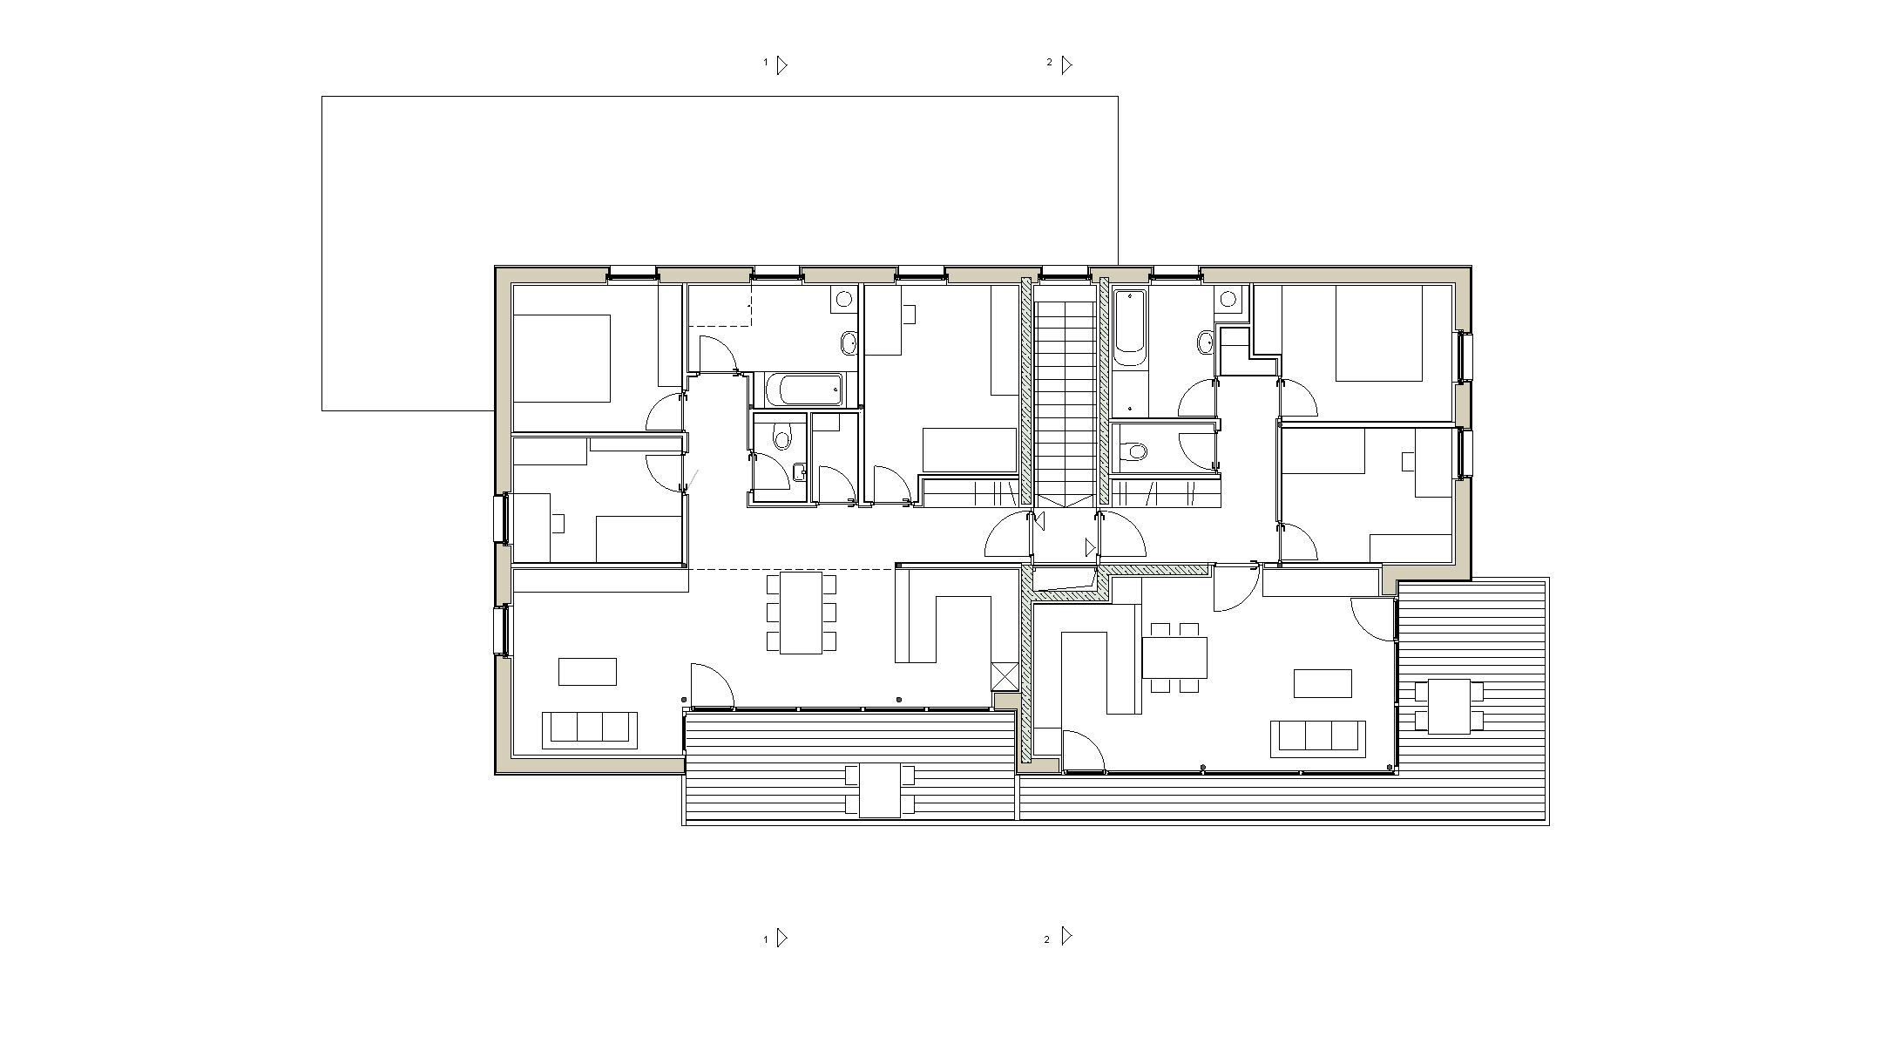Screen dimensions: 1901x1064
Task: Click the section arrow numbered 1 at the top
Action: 781,64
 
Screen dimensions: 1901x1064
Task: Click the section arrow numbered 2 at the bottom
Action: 1066,936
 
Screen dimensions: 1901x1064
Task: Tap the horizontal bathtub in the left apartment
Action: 804,390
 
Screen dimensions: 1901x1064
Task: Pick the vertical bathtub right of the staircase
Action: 1129,328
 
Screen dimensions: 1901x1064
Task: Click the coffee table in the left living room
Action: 587,672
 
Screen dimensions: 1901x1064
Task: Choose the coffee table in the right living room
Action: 1323,683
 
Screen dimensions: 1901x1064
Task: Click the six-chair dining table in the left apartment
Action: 802,613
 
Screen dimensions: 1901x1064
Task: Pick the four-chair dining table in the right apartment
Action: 1174,658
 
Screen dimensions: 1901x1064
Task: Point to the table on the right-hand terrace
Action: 1450,706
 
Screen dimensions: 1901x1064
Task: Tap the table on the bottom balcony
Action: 880,790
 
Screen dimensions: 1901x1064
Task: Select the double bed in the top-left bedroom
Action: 561,358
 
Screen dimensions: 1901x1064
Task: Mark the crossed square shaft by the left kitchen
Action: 1005,677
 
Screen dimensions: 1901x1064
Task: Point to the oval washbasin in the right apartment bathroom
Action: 1205,342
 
